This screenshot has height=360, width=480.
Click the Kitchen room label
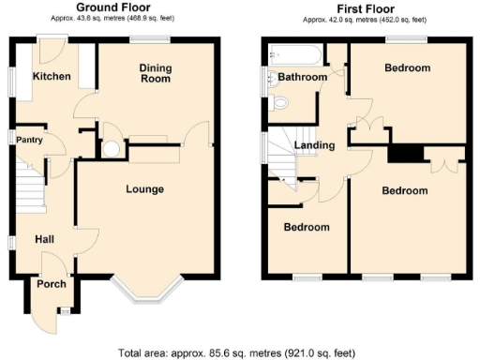[52, 76]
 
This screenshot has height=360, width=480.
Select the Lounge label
[145, 189]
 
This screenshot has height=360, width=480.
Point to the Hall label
[44, 240]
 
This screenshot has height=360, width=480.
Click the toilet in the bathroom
[282, 103]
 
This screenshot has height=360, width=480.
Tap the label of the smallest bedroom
[307, 228]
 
